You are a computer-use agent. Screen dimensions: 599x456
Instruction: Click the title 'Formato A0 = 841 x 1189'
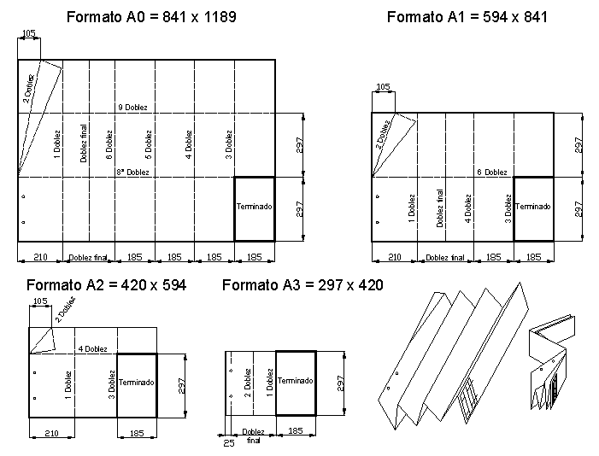tap(151, 17)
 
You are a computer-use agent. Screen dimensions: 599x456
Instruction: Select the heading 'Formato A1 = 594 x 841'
tap(467, 17)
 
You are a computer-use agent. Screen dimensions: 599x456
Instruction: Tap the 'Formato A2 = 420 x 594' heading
tap(106, 285)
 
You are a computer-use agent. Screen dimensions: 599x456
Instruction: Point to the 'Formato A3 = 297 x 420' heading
tap(302, 285)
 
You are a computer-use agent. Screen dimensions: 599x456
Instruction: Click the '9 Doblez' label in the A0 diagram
tap(132, 108)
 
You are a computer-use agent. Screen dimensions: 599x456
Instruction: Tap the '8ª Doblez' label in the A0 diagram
tap(133, 172)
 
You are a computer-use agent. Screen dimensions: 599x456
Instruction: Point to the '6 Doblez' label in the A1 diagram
tap(492, 172)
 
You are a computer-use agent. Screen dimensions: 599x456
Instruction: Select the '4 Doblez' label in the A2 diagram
tap(93, 348)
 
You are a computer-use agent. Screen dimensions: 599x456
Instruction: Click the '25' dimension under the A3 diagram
tap(229, 443)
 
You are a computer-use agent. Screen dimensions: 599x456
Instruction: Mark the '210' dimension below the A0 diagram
tap(40, 257)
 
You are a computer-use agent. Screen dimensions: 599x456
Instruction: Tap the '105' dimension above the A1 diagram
tap(383, 87)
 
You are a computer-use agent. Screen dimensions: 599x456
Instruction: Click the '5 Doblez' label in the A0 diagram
tap(149, 145)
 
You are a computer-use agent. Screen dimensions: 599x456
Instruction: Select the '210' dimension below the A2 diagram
tap(51, 433)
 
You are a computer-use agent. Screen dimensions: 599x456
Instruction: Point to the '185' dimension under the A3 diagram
tap(296, 430)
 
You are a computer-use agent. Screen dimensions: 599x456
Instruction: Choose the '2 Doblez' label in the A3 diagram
tap(248, 383)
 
